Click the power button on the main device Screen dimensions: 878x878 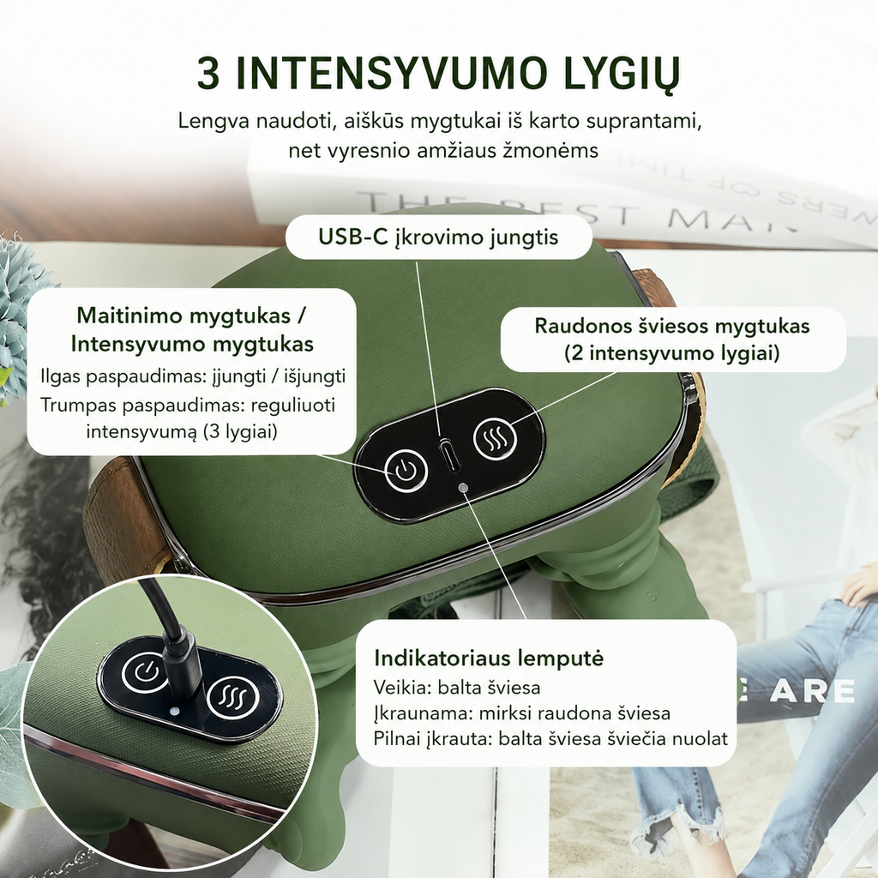pyautogui.click(x=406, y=471)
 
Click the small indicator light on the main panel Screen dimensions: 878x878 pyautogui.click(x=462, y=488)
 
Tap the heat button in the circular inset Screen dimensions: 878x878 pyautogui.click(x=233, y=698)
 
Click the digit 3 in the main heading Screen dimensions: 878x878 pyautogui.click(x=208, y=74)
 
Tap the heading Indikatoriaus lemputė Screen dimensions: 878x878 pyautogui.click(x=489, y=658)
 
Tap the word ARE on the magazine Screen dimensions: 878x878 pyautogui.click(x=812, y=691)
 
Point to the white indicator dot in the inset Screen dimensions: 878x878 pyautogui.click(x=173, y=711)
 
